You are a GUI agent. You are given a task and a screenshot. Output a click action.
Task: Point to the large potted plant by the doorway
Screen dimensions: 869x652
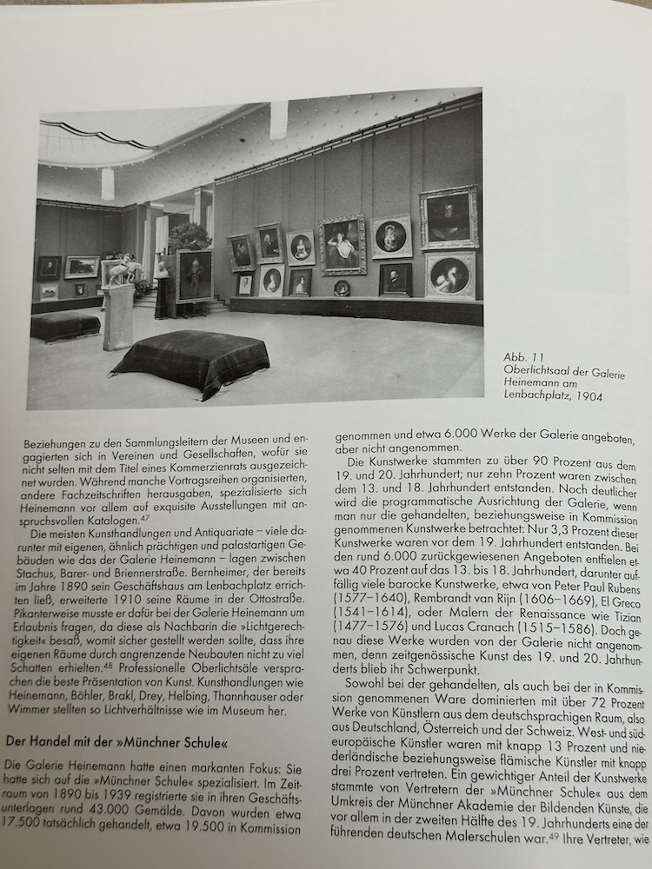[188, 236]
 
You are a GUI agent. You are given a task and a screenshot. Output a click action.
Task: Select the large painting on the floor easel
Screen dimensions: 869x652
[194, 276]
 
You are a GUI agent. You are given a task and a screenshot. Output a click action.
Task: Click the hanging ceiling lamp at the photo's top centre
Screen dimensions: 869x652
[278, 120]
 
